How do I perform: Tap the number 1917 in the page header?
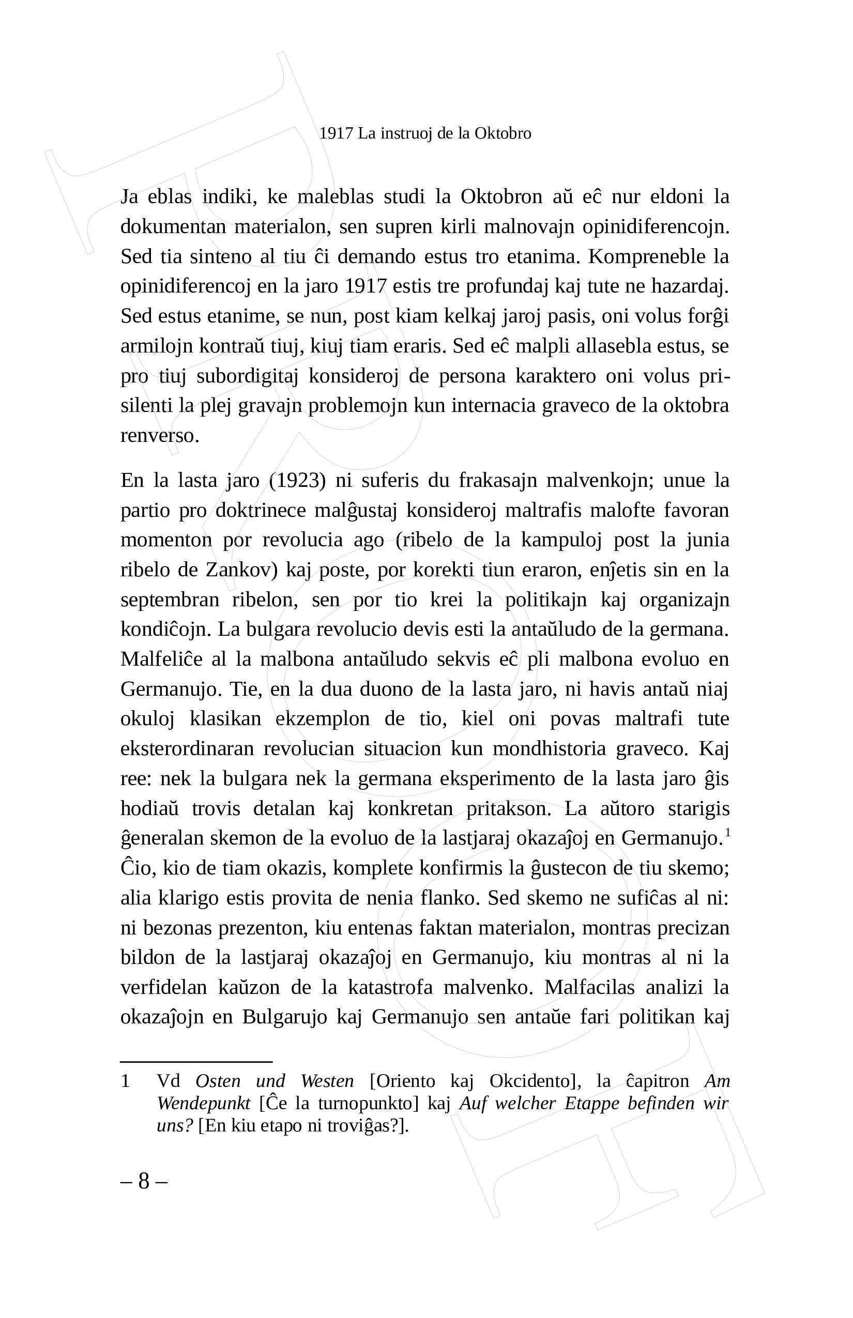pos(336,133)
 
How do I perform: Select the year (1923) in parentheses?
pos(297,480)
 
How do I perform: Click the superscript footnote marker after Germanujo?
pos(727,832)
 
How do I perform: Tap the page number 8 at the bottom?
pos(144,1181)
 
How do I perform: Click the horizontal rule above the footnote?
pos(196,1062)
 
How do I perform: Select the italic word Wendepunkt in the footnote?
pos(203,1103)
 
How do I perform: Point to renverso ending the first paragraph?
pos(160,436)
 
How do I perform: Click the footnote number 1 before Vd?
pos(125,1080)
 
